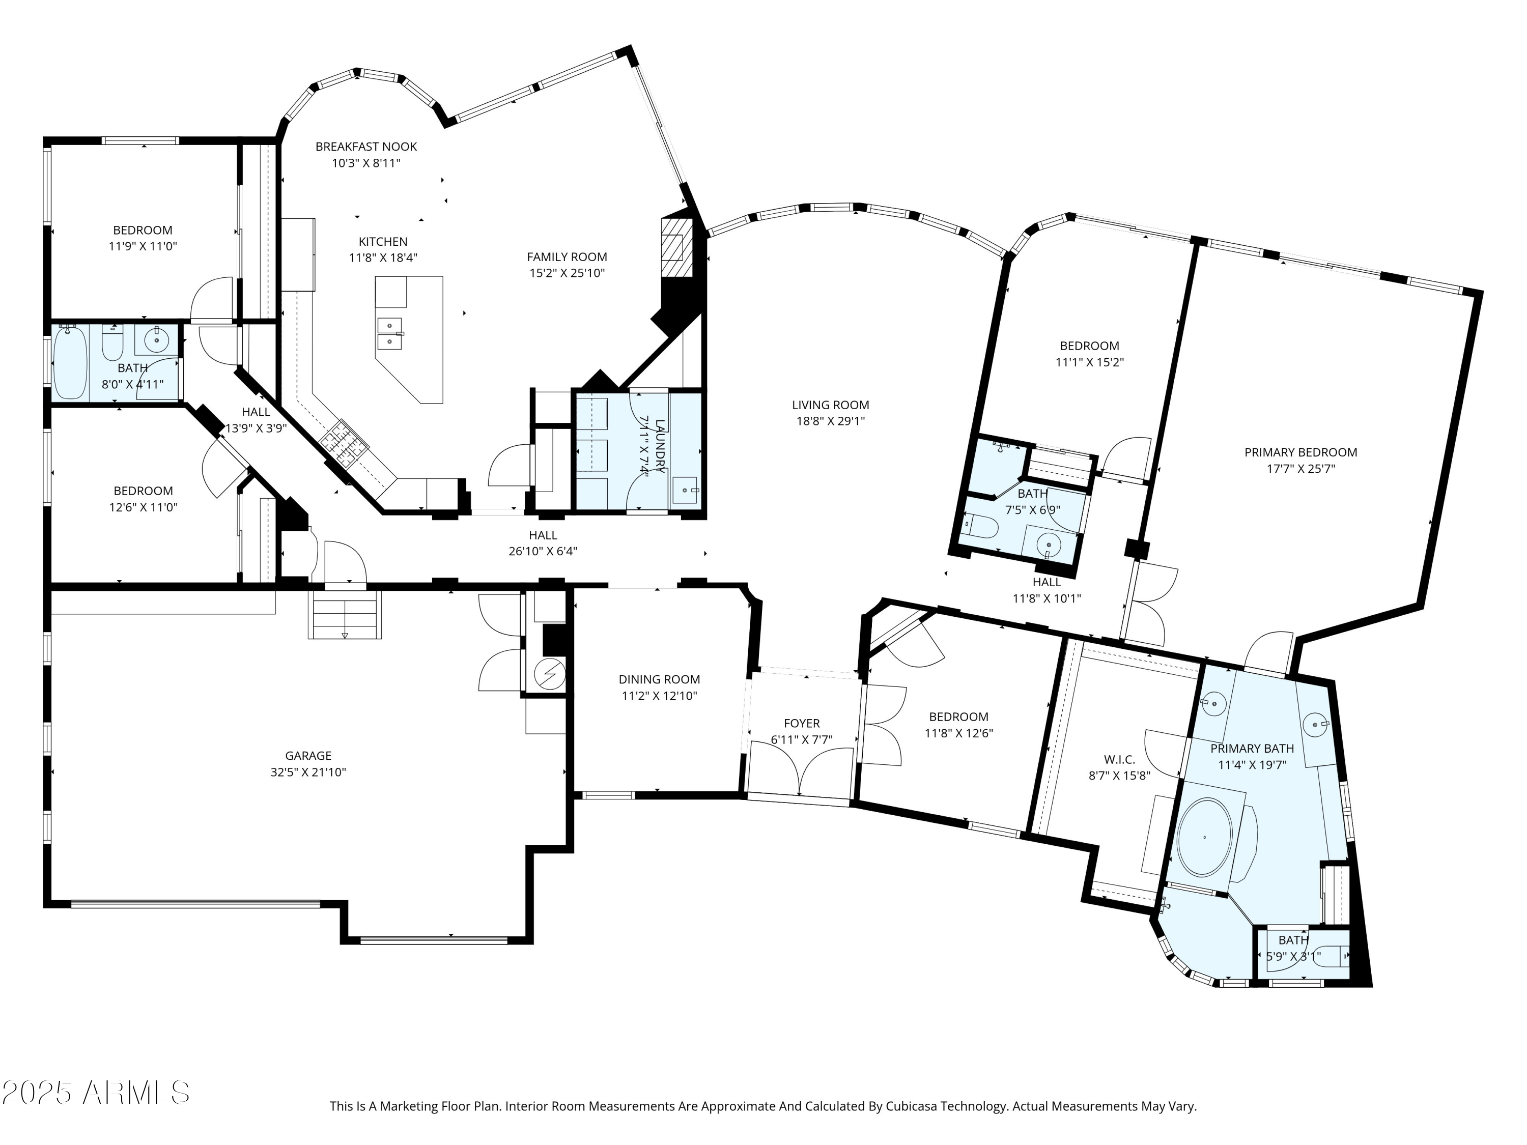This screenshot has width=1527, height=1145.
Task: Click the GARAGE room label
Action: tap(308, 756)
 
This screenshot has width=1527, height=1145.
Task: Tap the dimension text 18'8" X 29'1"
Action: tap(831, 421)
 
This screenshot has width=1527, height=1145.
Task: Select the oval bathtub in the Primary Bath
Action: tap(1204, 838)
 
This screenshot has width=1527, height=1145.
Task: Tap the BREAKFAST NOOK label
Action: tap(366, 147)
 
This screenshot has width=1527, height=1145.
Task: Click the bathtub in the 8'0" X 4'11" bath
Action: tap(70, 363)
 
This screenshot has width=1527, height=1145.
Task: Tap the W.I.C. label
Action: tap(1119, 759)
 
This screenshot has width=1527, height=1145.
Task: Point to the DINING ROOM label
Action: tap(659, 679)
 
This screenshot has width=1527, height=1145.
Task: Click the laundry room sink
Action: tap(685, 490)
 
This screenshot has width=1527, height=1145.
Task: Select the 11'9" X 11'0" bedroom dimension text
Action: tap(143, 246)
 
